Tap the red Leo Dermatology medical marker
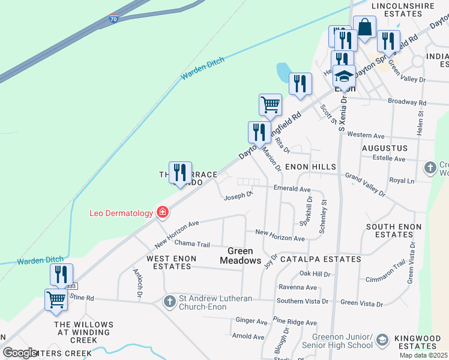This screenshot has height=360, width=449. [162, 212]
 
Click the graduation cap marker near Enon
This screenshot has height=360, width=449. [344, 76]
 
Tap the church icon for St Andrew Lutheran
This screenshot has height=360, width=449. [169, 301]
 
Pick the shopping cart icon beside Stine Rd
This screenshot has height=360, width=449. [56, 299]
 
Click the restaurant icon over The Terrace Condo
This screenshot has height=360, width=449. [180, 173]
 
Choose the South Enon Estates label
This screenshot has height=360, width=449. [397, 231]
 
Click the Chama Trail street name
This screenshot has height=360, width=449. [192, 244]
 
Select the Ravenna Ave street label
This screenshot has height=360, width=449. [298, 287]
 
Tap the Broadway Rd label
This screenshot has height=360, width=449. [407, 103]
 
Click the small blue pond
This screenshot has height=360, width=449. [284, 73]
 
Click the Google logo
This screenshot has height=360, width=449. [20, 352]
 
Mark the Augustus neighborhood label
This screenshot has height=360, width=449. [385, 148]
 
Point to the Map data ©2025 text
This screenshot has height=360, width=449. [423, 355]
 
